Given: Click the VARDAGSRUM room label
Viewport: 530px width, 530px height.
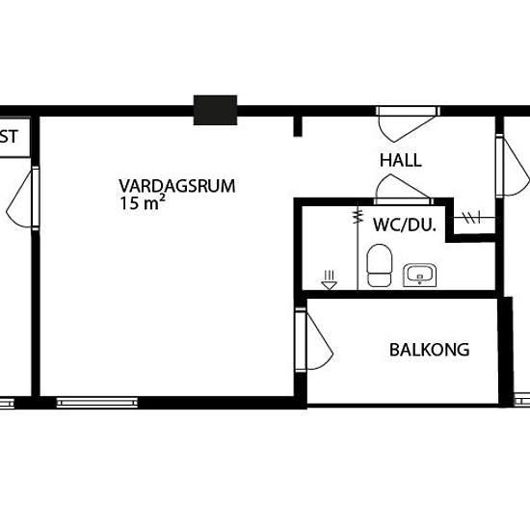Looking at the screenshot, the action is click(x=176, y=186).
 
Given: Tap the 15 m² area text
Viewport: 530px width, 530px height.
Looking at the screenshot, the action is click(x=143, y=202).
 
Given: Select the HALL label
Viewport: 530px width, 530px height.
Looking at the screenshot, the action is click(x=401, y=160).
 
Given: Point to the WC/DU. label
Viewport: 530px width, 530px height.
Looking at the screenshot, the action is click(x=405, y=225).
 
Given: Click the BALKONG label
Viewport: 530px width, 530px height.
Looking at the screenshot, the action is click(x=429, y=350).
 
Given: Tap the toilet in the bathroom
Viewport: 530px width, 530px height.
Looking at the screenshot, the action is click(x=380, y=265).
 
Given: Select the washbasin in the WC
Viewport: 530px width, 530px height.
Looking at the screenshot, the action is click(x=419, y=275).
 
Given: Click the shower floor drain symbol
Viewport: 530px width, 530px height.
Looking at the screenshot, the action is click(x=329, y=280).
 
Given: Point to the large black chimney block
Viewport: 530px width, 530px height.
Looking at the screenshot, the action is click(x=215, y=110).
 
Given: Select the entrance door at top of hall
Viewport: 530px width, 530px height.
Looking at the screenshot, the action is click(x=408, y=123).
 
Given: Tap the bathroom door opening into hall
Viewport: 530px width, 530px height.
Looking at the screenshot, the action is click(x=404, y=190).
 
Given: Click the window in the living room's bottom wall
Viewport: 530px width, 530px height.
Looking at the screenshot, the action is click(x=97, y=403).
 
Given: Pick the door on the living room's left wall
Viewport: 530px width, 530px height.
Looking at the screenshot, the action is click(x=23, y=198).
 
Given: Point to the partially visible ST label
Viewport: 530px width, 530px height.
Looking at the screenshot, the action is click(x=9, y=137).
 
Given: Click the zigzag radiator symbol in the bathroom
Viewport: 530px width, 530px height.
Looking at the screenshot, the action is click(x=358, y=216).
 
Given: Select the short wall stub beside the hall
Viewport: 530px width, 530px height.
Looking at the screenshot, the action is click(x=298, y=126).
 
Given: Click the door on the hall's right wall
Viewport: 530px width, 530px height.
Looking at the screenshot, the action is click(x=513, y=166).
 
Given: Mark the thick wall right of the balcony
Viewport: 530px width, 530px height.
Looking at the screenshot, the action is click(x=506, y=352).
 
